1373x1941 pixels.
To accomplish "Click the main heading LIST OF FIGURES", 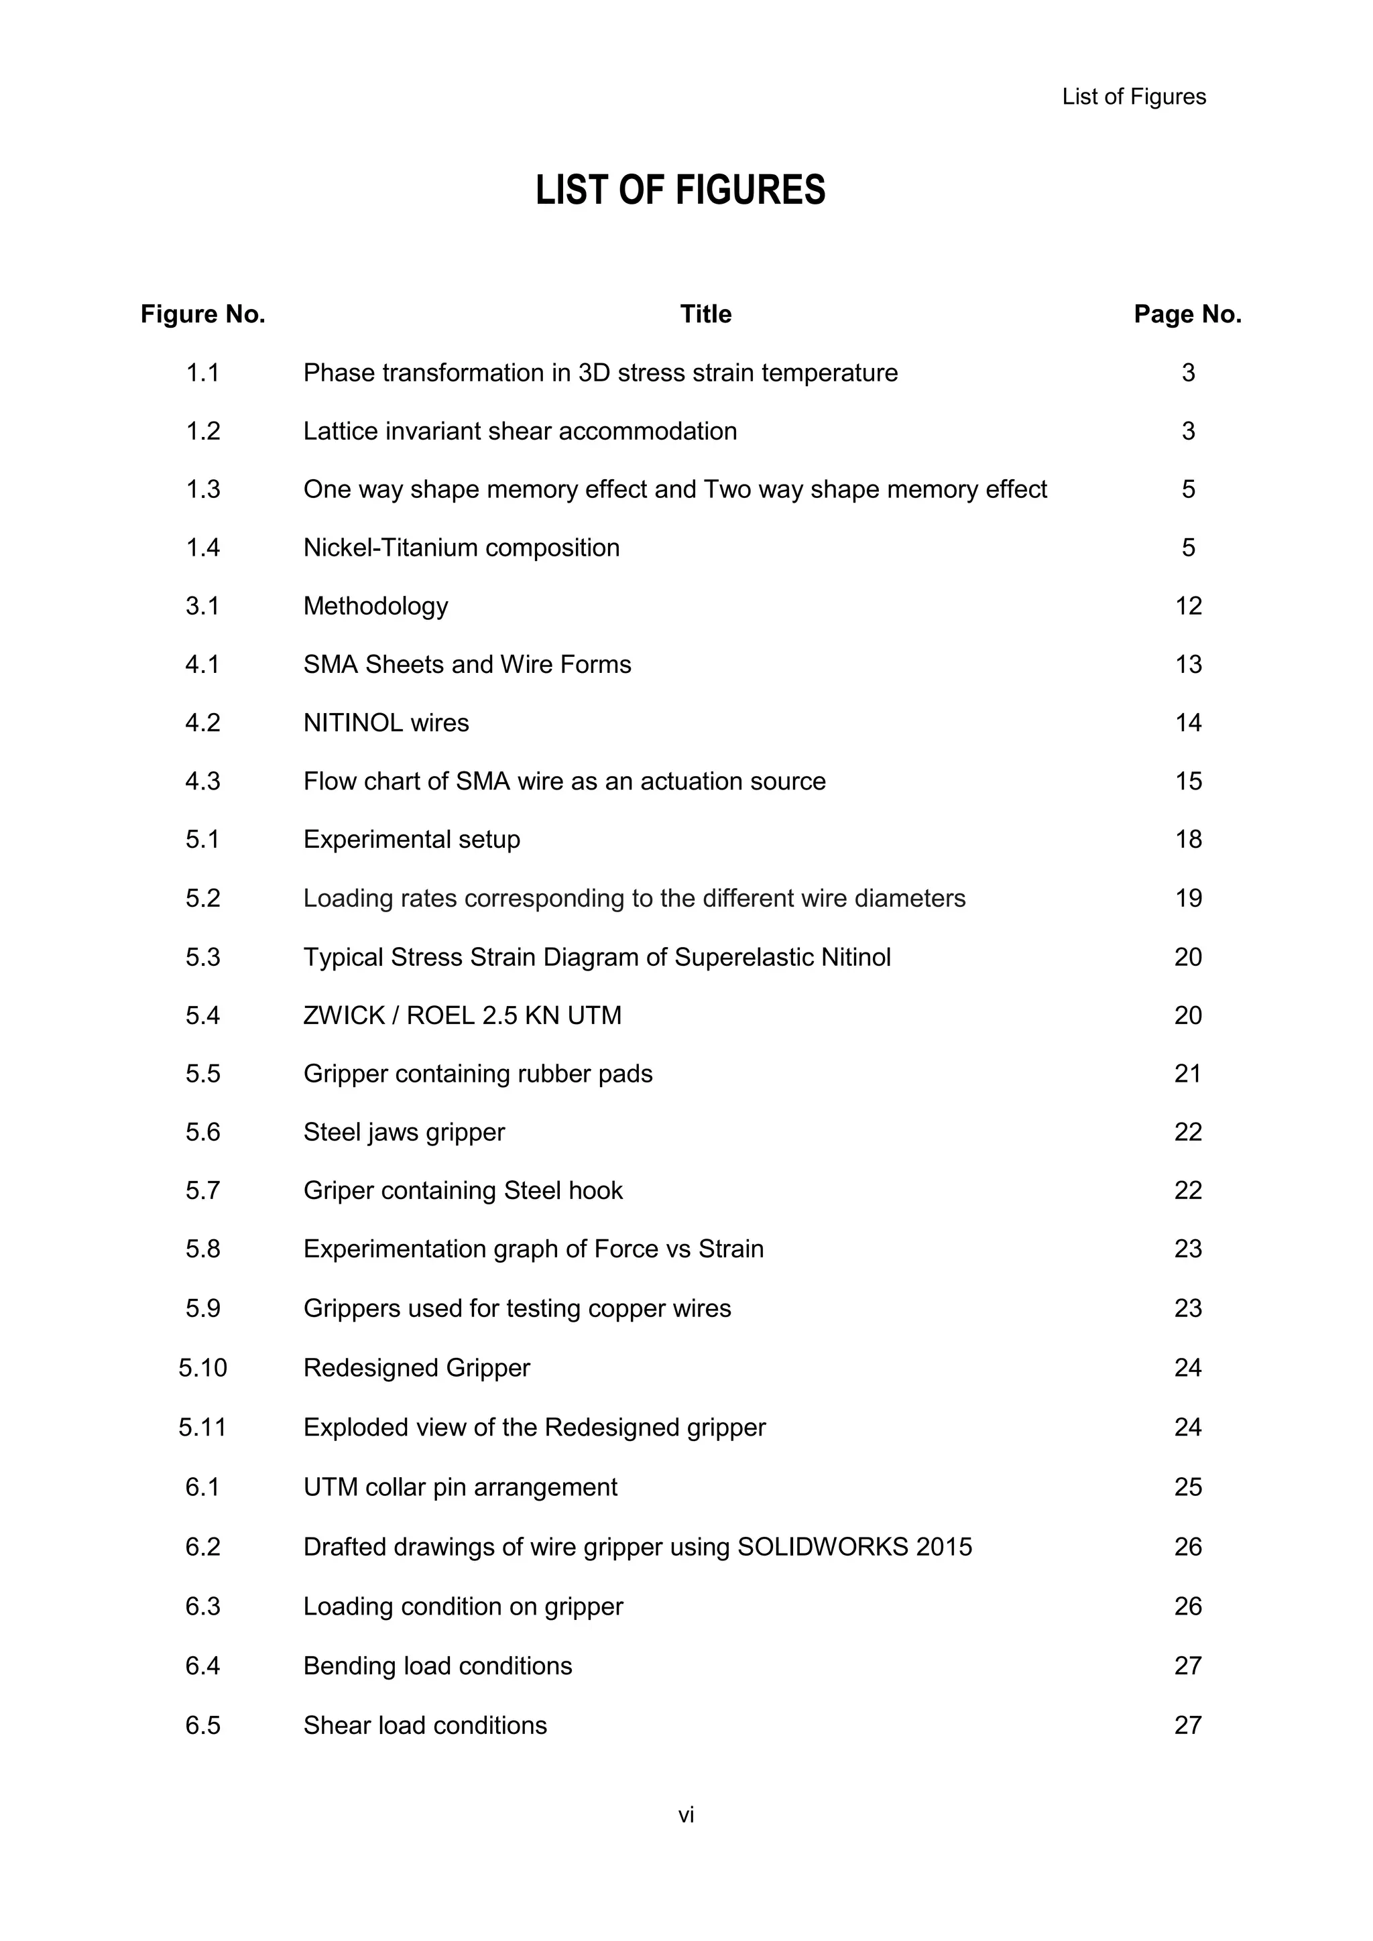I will (x=680, y=190).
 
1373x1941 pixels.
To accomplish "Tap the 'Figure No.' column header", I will (x=203, y=314).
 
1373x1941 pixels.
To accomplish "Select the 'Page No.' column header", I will (x=1187, y=314).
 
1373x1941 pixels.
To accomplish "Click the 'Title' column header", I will (x=705, y=314).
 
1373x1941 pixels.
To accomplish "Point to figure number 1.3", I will (x=203, y=489).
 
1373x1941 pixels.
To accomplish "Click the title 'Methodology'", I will (x=375, y=606).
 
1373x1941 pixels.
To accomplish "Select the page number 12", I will (x=1188, y=606).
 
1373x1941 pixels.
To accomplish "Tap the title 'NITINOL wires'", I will (x=385, y=723).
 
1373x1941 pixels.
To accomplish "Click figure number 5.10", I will (x=203, y=1368).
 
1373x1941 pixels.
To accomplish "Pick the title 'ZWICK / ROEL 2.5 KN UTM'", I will (x=462, y=1015).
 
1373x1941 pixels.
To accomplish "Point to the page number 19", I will (x=1188, y=898).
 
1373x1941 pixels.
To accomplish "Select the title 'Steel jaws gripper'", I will (x=404, y=1132).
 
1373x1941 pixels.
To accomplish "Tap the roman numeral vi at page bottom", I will (x=686, y=1815).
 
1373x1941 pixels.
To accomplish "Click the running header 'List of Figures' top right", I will (x=1133, y=97).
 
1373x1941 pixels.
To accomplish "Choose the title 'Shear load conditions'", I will (x=424, y=1725).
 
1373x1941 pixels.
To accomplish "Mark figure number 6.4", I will (x=203, y=1666).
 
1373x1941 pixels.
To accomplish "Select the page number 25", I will (x=1188, y=1487).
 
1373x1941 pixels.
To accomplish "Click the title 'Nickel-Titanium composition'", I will (x=461, y=548).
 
